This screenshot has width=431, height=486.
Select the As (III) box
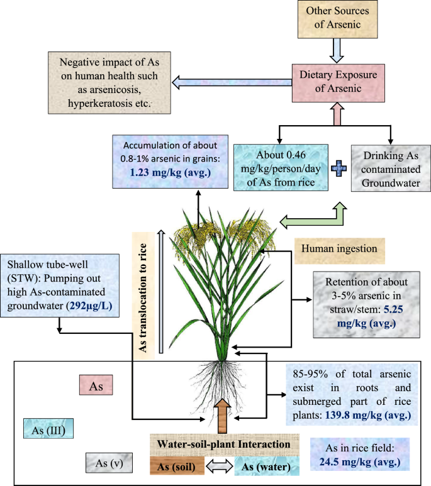48,430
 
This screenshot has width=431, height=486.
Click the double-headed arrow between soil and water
219,466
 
